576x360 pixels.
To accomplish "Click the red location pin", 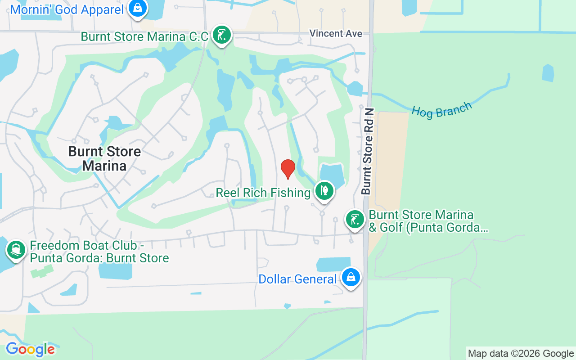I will tap(288, 169).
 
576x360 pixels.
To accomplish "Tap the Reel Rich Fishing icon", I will tap(324, 191).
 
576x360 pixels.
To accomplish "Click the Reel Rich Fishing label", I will tap(263, 193).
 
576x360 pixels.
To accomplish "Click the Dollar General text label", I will tap(297, 279).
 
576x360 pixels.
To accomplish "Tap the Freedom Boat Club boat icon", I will tap(16, 250).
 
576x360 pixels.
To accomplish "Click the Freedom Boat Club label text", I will tap(99, 252).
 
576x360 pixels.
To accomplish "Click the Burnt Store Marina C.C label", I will tap(144, 36).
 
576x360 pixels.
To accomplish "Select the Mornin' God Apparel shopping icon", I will tap(137, 8).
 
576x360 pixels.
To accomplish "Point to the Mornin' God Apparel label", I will tap(67, 9).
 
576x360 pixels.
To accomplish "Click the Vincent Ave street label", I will tap(336, 33).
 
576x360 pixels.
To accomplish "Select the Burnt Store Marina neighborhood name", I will tap(104, 158).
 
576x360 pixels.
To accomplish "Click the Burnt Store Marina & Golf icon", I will tap(355, 220).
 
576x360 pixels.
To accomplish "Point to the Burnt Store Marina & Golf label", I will tap(427, 221).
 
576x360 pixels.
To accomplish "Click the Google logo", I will tap(30, 349).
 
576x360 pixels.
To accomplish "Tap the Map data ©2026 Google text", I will tap(521, 354).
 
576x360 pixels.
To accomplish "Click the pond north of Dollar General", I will tap(333, 264).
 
